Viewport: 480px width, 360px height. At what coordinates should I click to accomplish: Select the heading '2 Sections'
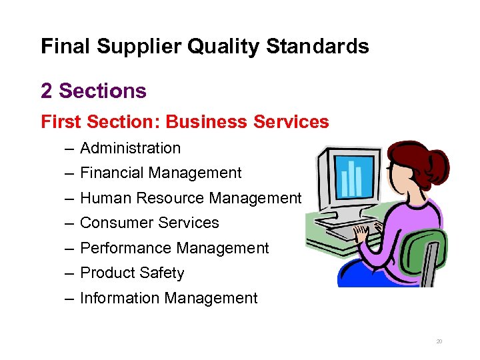click(93, 90)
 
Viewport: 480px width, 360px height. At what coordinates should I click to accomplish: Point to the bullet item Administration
click(130, 148)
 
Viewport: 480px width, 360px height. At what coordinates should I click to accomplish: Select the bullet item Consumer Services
click(149, 223)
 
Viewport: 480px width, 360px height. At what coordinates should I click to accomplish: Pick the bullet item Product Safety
click(132, 273)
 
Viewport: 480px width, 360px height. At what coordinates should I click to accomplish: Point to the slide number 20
click(439, 341)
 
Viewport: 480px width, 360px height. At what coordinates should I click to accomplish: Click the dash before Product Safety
click(69, 273)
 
